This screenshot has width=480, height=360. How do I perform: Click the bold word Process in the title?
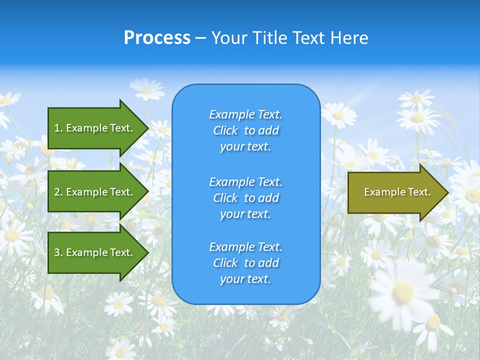pos(157,38)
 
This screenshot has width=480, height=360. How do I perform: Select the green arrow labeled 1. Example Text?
pos(95,128)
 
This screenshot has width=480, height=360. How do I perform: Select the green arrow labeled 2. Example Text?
pos(95,192)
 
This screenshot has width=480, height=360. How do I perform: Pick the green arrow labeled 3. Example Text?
pos(95,252)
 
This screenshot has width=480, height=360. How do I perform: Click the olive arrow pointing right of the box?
pos(395,192)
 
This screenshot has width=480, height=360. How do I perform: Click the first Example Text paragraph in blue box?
pos(245,130)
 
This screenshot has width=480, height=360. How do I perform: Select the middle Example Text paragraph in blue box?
pos(245,198)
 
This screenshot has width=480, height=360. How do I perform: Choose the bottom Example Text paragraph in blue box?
pos(245,263)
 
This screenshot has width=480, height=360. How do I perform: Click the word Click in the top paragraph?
pos(225,130)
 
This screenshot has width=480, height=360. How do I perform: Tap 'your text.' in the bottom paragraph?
pos(245,279)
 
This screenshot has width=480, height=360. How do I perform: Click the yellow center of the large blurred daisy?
pos(403,291)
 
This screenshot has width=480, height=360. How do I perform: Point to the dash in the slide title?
pos(200,38)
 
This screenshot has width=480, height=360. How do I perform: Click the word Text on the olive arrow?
pos(419,192)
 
